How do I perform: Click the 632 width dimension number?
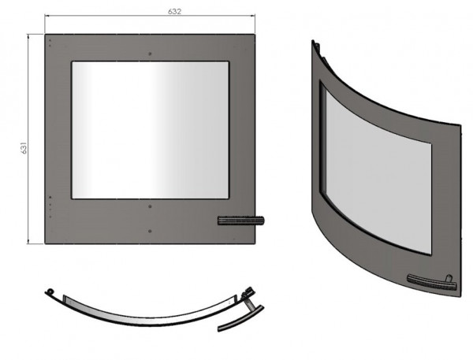pos(175,12)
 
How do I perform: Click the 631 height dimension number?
pos(24,148)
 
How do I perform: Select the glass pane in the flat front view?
pos(151,130)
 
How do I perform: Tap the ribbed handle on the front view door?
pos(240,221)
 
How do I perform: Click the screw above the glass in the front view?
pos(151,54)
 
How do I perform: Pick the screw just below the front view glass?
pos(151,206)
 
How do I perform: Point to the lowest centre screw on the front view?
pos(151,231)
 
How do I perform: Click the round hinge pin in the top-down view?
pos(50,291)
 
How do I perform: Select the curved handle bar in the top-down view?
pos(240,320)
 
